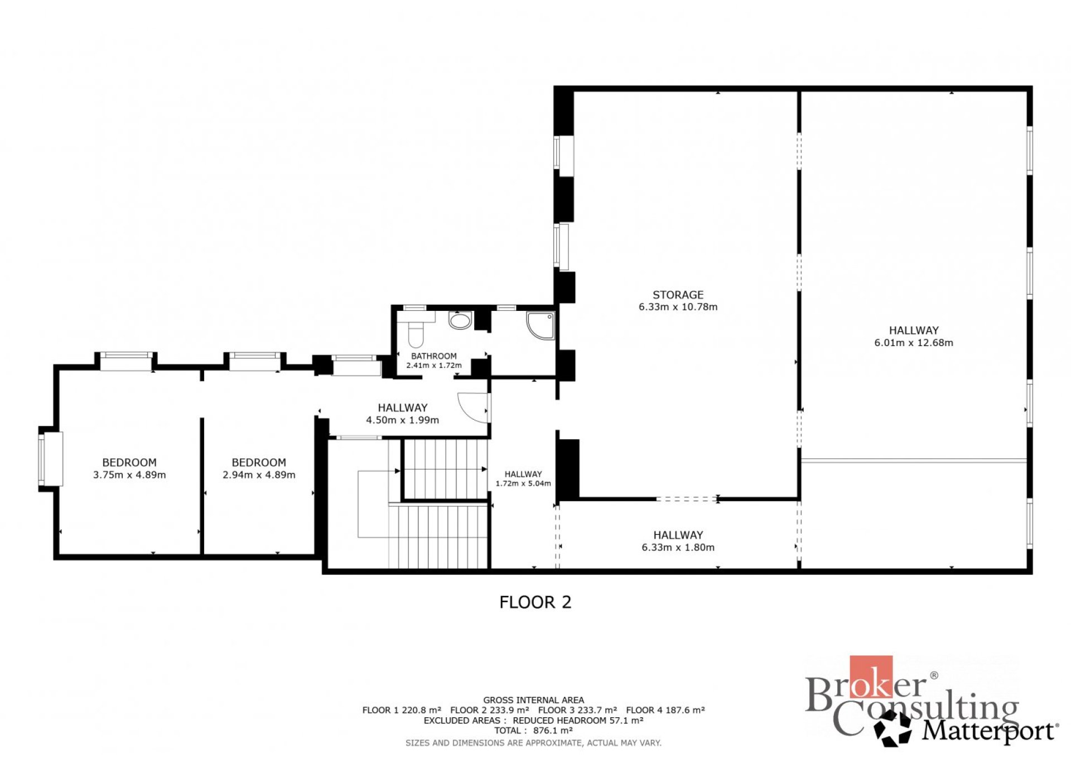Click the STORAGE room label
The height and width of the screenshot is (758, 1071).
tap(678, 295)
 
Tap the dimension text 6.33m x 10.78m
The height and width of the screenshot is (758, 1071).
tap(678, 307)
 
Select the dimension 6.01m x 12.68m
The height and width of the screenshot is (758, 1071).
tap(914, 343)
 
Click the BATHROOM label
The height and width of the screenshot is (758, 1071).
tap(433, 356)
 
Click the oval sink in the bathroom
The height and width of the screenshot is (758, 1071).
tap(460, 321)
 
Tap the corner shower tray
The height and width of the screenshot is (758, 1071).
tap(541, 325)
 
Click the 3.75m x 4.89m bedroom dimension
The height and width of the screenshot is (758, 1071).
tap(129, 475)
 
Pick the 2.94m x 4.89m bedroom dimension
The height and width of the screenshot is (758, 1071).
tap(259, 475)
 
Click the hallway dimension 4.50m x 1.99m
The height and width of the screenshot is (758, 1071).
tap(402, 420)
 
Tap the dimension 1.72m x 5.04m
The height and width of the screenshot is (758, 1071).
tap(523, 483)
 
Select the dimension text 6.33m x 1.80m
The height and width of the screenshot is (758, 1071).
tap(678, 548)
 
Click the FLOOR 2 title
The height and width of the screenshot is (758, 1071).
tap(535, 602)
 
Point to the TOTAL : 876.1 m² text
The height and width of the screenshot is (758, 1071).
tap(533, 731)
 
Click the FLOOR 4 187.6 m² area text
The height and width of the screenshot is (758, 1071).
tap(665, 711)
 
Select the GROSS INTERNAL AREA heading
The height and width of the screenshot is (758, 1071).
tap(533, 700)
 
